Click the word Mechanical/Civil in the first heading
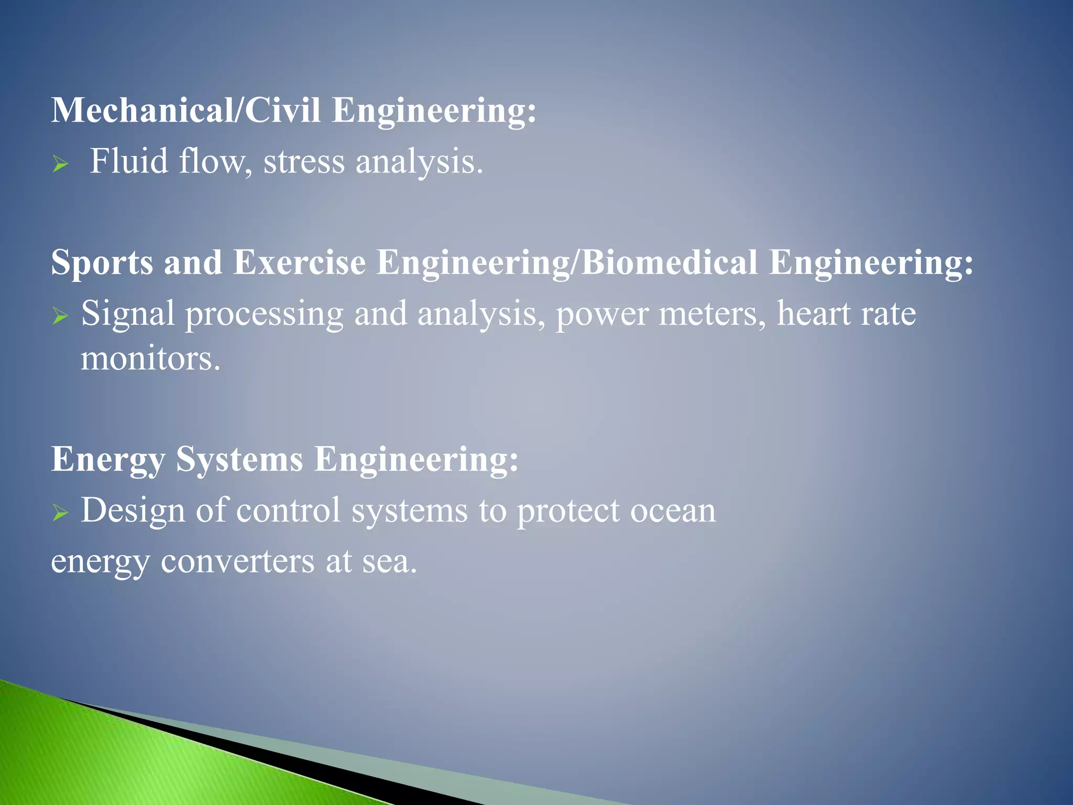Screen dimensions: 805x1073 (186, 111)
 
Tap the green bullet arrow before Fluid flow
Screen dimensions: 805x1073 (60, 165)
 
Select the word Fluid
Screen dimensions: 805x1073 (128, 161)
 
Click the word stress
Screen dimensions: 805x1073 (304, 162)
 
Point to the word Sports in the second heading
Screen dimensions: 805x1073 (102, 263)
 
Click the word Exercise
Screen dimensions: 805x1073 (299, 262)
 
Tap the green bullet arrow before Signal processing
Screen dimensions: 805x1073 (60, 317)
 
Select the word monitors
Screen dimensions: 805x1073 (150, 360)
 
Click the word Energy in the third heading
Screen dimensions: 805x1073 (108, 460)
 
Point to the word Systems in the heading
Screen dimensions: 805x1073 (239, 459)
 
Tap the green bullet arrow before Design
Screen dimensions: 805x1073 (60, 513)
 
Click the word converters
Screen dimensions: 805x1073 (238, 562)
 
